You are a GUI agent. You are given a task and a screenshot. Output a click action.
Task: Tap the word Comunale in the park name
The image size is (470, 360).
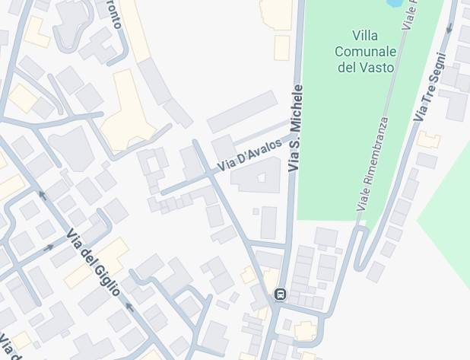365,52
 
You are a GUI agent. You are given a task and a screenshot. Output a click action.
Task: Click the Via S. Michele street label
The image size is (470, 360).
296,127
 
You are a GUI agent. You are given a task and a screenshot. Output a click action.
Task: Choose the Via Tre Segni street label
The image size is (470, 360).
430,88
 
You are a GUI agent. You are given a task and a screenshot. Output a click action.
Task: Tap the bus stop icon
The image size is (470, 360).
281,295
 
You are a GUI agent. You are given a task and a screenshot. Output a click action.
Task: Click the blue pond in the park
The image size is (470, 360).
395,3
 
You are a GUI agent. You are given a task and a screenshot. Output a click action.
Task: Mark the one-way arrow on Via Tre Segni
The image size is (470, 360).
453,8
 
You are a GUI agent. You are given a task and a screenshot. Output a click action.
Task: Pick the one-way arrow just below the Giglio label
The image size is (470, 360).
129,307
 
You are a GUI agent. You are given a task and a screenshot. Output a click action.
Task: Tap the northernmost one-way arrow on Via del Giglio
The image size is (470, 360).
43,196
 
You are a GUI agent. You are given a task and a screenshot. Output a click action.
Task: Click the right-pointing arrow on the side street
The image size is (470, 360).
49,247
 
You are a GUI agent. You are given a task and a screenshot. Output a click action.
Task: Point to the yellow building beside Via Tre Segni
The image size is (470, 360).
429,140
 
